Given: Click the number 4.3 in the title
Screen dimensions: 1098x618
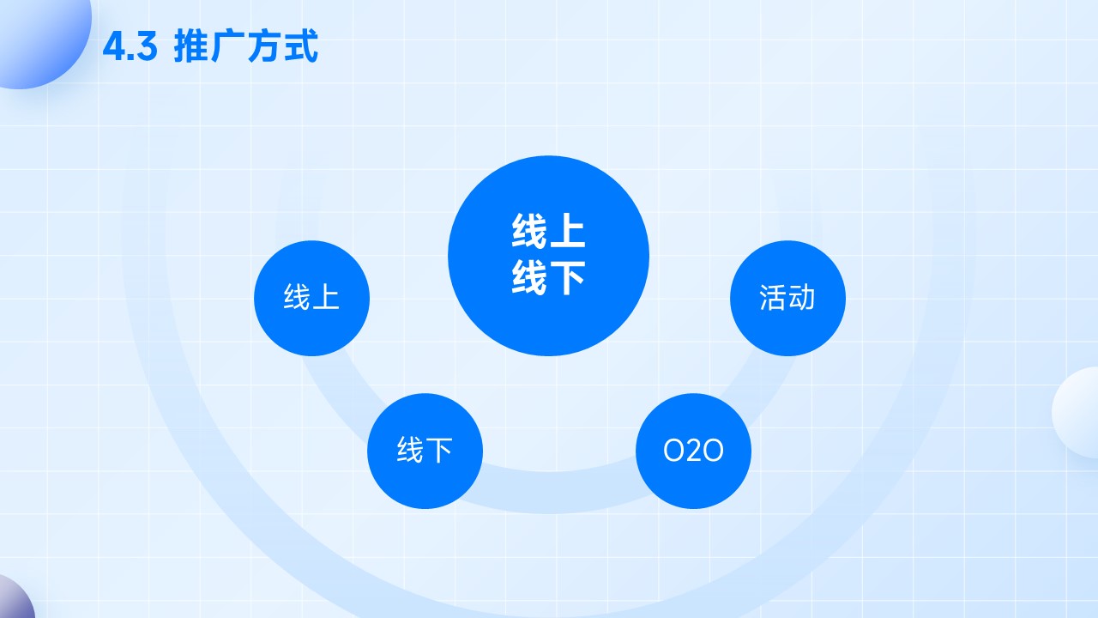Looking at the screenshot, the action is (x=130, y=47).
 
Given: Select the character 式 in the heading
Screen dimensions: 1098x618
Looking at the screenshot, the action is (x=301, y=46).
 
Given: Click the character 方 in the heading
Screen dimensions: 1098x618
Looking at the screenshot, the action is (x=265, y=46).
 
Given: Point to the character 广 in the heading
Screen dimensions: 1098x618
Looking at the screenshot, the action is (x=228, y=46).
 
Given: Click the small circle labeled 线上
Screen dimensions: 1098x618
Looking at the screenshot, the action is (x=311, y=298).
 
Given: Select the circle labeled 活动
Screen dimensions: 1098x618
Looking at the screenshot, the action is (x=787, y=298).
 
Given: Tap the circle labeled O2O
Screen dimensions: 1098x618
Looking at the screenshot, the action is (x=693, y=451).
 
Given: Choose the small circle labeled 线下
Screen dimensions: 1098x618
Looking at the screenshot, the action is (x=425, y=451).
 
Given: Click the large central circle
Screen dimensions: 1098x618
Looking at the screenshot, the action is (x=548, y=256).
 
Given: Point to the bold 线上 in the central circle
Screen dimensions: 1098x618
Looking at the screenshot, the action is (x=548, y=231).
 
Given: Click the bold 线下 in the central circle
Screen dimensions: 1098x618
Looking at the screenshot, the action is (x=548, y=277).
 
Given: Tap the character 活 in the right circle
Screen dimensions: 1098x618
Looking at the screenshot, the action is (x=773, y=298).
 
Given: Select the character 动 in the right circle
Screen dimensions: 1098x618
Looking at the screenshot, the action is (x=801, y=298).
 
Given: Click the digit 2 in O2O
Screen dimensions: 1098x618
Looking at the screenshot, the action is (x=693, y=451).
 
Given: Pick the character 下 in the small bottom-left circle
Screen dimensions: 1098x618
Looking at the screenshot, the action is (x=439, y=451).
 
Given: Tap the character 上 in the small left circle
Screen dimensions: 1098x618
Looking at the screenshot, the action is (x=325, y=297).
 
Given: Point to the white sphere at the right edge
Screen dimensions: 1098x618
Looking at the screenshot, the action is (x=1076, y=413).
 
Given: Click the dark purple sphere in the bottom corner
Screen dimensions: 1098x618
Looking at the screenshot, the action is (x=15, y=597).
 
